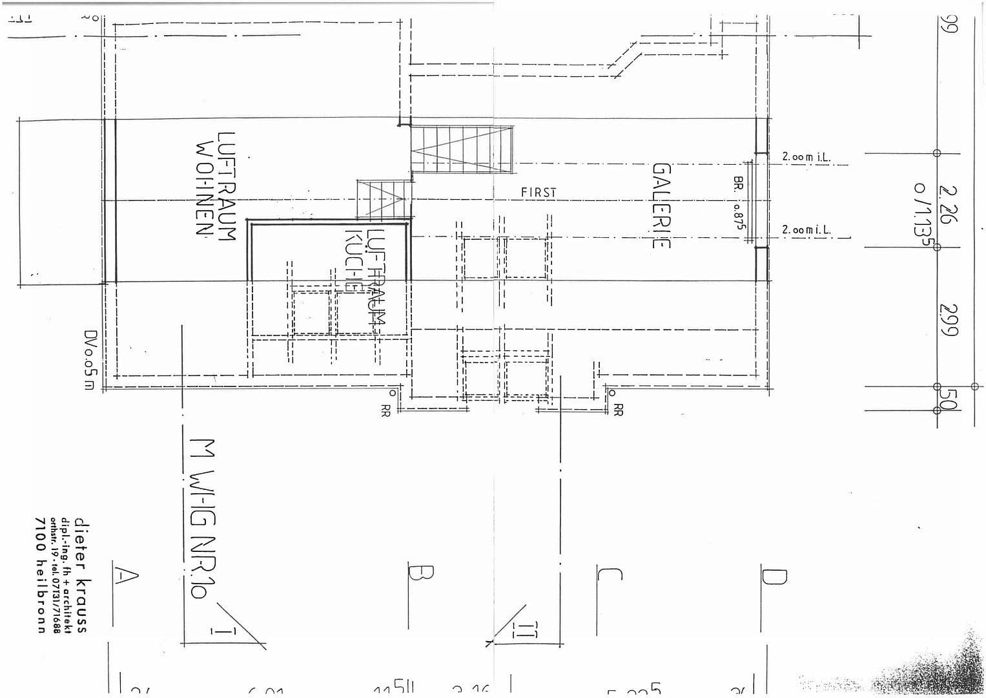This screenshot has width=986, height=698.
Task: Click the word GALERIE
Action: coord(662,205)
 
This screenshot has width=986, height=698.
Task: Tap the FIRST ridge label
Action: coord(538,193)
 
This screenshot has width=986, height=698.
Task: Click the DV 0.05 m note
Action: coord(89,360)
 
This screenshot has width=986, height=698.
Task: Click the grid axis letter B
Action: coord(420,573)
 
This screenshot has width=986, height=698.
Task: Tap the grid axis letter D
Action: coord(774,575)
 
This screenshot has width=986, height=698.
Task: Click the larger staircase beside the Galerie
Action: coord(462,149)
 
